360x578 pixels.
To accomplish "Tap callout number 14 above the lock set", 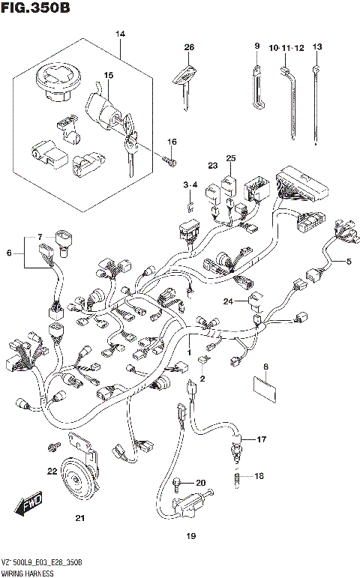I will point(120,34).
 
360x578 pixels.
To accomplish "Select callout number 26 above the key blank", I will point(189,47).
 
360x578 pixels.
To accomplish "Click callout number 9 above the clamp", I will point(256,46).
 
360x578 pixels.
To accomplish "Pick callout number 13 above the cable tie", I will point(317,47).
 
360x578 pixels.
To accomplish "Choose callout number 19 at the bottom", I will point(190,536).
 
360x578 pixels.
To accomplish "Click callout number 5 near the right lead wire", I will point(348,262).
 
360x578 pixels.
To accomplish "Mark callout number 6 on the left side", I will point(10,253).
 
